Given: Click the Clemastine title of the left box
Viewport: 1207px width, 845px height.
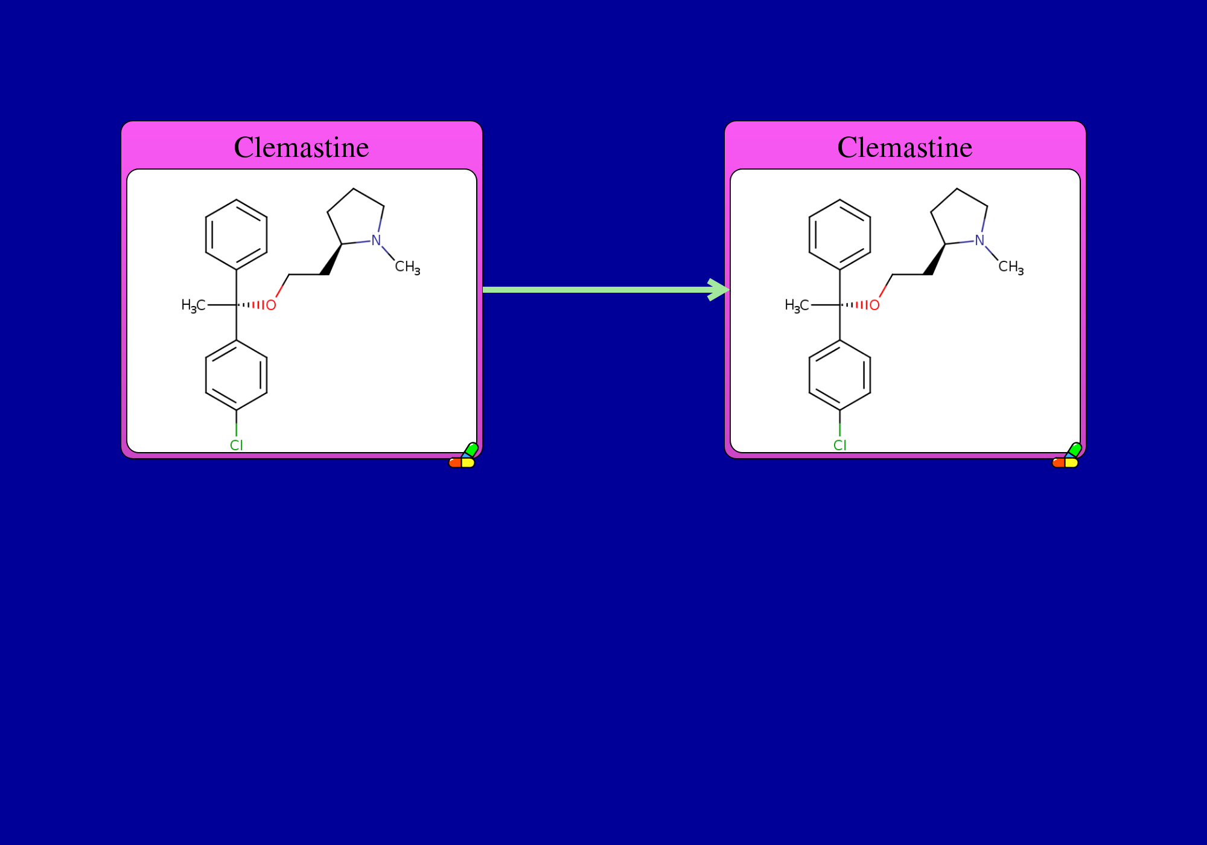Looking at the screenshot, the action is [x=301, y=147].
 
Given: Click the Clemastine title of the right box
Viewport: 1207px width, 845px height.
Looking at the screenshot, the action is [x=905, y=147].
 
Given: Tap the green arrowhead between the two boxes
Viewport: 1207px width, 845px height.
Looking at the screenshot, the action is [x=719, y=290].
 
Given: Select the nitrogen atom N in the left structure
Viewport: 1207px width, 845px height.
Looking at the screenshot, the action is [x=377, y=240].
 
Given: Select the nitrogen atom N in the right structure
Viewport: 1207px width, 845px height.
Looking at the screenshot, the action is [x=980, y=240].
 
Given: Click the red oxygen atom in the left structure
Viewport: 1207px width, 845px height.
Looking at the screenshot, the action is [x=271, y=305].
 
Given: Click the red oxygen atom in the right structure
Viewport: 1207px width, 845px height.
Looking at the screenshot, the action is [x=874, y=305].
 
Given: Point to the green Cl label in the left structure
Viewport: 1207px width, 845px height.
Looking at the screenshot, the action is [x=237, y=445].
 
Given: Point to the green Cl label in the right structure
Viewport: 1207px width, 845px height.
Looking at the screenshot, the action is [x=840, y=445].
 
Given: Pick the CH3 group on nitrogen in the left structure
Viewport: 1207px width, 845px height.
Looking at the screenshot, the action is [x=408, y=267].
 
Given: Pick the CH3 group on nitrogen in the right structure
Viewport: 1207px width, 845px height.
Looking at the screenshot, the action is [x=1011, y=267].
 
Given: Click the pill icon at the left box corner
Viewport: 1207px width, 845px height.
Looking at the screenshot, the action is [x=463, y=456].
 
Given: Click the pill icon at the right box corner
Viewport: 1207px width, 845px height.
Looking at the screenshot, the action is [x=1067, y=456].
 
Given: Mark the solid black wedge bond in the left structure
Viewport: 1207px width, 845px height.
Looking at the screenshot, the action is [x=332, y=260].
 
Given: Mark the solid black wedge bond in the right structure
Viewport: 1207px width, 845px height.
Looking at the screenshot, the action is [x=935, y=260].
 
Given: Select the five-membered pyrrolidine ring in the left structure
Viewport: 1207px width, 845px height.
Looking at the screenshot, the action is [x=354, y=189].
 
